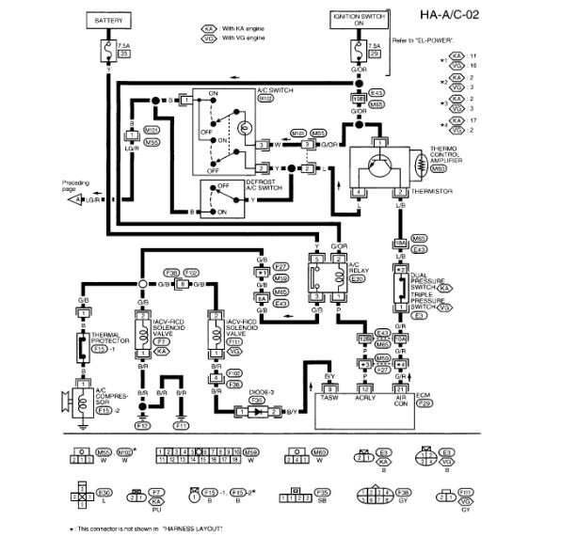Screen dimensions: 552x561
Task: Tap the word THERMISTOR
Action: pyautogui.click(x=431, y=191)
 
